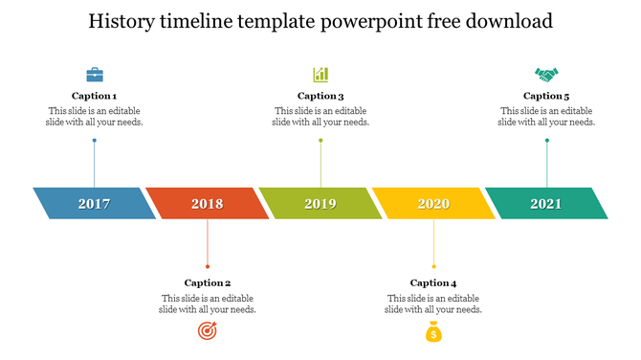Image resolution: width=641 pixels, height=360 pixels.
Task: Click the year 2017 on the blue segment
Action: click(x=94, y=204)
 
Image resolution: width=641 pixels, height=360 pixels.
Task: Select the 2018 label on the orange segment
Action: click(x=207, y=204)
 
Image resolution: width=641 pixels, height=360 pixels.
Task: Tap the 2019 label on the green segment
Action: click(x=320, y=204)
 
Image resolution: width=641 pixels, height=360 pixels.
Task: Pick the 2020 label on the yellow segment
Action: click(x=433, y=204)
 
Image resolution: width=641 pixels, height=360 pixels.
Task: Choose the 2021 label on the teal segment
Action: click(x=546, y=204)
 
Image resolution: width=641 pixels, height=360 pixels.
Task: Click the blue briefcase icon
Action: click(x=95, y=74)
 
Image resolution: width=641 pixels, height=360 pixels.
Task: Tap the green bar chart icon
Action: click(x=320, y=74)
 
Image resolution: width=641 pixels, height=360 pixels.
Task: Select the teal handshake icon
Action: click(x=546, y=74)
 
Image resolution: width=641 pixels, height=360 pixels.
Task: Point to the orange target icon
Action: click(x=207, y=331)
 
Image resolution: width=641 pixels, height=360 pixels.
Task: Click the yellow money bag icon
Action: click(x=433, y=332)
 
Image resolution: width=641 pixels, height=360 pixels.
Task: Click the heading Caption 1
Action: click(x=95, y=96)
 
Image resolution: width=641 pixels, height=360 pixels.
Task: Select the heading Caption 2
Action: click(x=208, y=282)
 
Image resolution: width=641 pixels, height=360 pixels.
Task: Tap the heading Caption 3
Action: click(x=320, y=96)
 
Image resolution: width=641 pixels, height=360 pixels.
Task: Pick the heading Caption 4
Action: click(x=433, y=282)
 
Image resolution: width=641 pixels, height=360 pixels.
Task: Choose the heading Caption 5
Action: click(x=546, y=96)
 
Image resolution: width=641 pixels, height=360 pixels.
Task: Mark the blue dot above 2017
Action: click(x=94, y=141)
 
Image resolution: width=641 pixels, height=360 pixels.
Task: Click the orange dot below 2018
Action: click(x=208, y=266)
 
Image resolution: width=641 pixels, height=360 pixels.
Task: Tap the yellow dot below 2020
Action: click(x=433, y=266)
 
